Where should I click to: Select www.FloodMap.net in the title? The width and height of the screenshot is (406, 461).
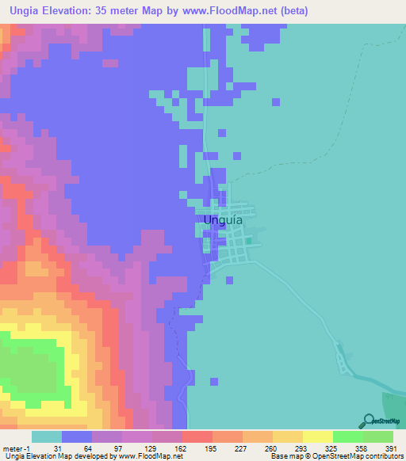pos(224,11)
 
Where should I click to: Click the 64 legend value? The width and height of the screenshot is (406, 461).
pos(78,448)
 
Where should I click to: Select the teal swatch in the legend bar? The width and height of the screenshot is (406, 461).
pos(47,436)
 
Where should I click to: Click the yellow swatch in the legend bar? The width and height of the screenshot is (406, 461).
pos(318,436)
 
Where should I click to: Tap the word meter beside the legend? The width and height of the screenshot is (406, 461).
pos(11,448)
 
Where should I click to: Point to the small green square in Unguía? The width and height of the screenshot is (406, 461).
pos(248,242)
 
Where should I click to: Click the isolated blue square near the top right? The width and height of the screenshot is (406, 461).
pos(276,101)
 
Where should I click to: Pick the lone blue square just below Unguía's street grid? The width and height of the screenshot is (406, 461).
pos(230,280)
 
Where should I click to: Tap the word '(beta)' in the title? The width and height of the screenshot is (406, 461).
pos(291,11)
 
